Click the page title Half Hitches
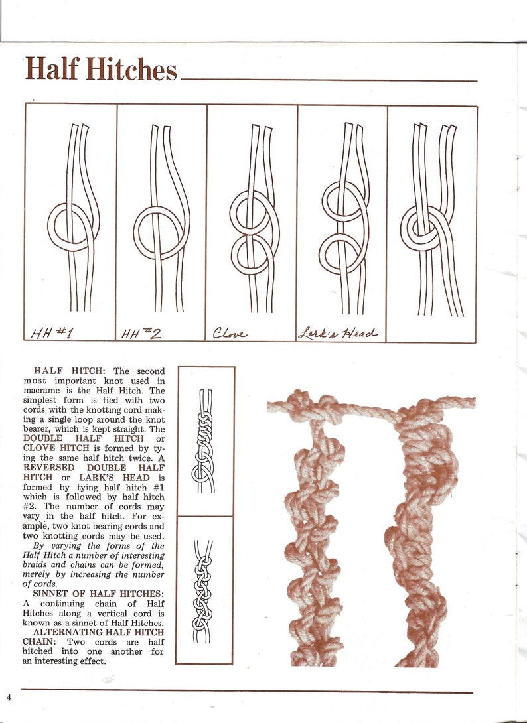[101, 69]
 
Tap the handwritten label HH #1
[56, 332]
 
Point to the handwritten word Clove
[230, 332]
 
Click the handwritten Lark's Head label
[339, 332]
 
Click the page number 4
[9, 697]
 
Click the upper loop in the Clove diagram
[251, 211]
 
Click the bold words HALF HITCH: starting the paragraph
[69, 371]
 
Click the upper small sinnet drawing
[204, 441]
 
